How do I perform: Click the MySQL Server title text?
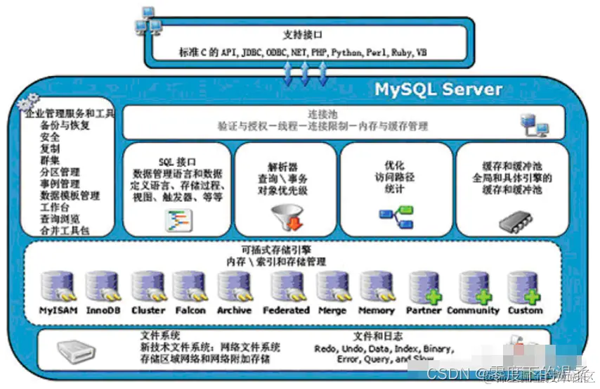click(438, 90)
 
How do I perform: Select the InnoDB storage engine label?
click(103, 310)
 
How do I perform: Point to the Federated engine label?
click(286, 310)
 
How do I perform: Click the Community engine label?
click(474, 310)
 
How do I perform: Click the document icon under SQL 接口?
click(177, 221)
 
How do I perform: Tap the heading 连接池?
click(323, 114)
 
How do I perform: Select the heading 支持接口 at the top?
click(304, 35)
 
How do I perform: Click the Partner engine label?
click(423, 310)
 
